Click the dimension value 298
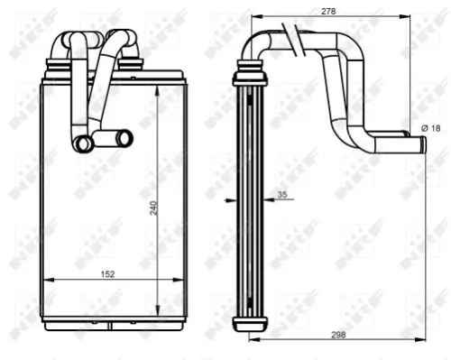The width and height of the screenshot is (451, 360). (338, 335)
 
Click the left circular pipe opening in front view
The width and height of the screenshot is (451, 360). (83, 142)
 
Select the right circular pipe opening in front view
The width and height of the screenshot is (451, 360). (124, 137)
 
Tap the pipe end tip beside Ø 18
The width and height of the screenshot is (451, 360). (420, 142)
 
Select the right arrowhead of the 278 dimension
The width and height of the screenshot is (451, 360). (420, 16)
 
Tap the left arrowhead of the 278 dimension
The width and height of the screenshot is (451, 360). (253, 16)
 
